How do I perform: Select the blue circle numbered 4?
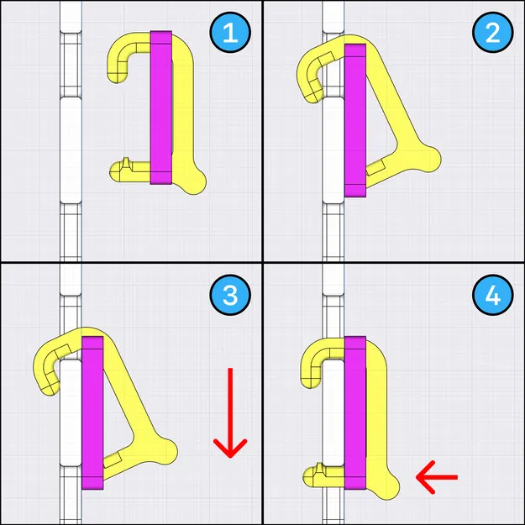click(x=490, y=295)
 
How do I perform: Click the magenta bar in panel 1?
click(x=160, y=108)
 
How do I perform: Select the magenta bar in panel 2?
click(x=355, y=118)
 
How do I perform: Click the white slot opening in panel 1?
click(x=70, y=147)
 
